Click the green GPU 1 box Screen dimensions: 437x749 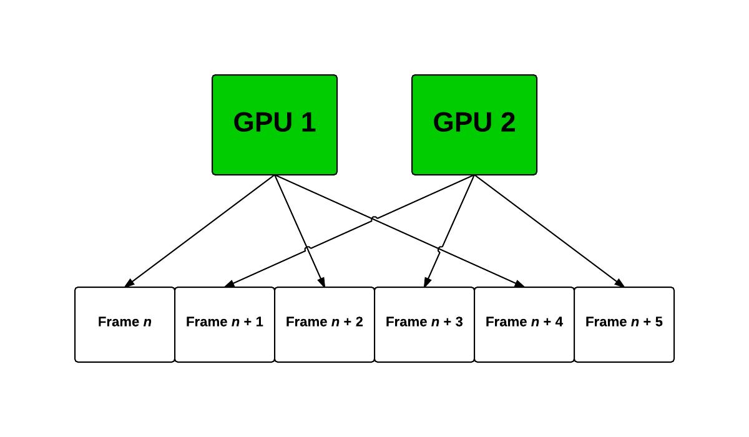275,125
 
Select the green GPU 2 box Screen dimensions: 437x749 474,125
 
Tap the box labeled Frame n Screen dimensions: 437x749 125,325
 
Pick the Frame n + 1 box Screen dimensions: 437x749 225,325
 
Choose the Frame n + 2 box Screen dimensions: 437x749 325,325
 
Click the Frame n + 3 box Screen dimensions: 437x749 424,325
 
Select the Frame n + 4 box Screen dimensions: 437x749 524,325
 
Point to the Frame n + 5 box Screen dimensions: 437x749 624,325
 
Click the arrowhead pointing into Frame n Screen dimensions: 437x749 129,284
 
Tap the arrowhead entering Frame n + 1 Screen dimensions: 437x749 229,285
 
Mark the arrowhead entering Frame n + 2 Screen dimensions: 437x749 323,283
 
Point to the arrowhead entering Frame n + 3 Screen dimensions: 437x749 426,283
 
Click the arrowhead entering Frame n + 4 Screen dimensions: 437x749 520,285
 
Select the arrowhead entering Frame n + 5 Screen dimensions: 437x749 620,284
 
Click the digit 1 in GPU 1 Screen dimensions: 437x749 308,122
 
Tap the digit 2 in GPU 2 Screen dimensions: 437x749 507,122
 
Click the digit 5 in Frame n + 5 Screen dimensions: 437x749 658,322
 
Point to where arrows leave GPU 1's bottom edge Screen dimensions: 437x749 275,175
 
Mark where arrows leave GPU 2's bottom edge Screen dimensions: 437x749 474,175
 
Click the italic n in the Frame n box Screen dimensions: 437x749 147,322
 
